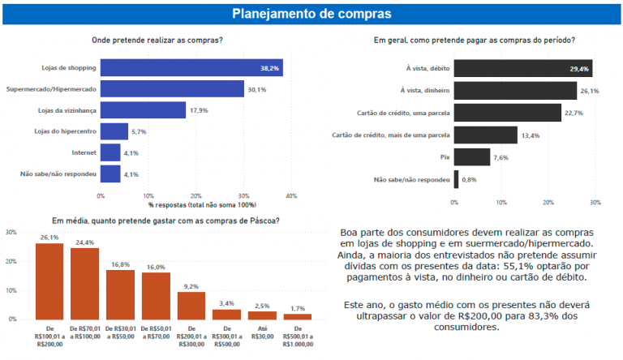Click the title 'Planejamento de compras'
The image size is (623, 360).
(x=311, y=14)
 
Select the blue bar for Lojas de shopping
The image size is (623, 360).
(x=191, y=68)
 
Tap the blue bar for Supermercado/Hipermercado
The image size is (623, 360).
(x=172, y=89)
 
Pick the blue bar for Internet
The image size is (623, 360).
(x=110, y=152)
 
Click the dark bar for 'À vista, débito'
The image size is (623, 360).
(x=522, y=68)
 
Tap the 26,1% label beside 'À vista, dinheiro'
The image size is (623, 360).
(x=590, y=91)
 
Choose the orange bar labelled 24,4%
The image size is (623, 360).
(x=84, y=283)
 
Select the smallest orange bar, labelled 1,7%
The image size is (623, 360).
(x=297, y=315)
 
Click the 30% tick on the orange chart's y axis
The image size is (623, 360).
(x=11, y=232)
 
